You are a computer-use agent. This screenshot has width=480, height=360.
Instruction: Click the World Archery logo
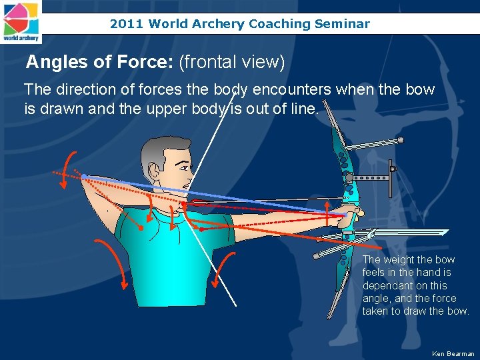point(21,21)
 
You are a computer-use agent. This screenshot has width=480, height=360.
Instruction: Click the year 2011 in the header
point(127,24)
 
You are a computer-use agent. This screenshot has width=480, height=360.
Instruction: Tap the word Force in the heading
point(149,63)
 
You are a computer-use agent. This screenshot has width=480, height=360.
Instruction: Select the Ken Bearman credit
point(453,353)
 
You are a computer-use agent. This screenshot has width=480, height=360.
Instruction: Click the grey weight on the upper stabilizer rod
point(400,140)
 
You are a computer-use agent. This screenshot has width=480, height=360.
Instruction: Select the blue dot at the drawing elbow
point(84,177)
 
